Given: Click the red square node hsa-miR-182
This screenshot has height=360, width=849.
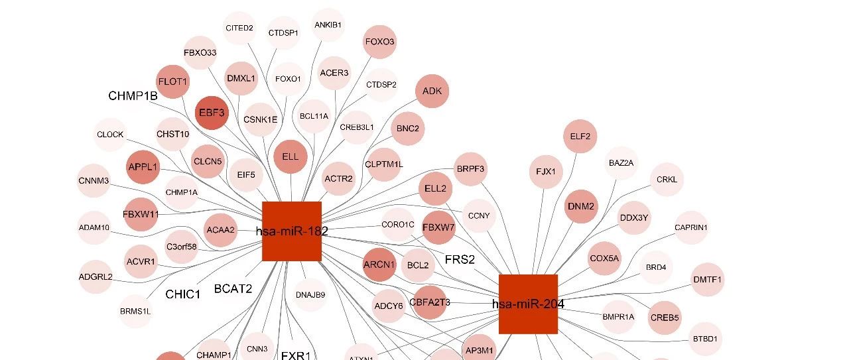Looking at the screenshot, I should [x=292, y=231].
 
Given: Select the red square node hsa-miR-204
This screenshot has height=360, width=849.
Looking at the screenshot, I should [x=528, y=304].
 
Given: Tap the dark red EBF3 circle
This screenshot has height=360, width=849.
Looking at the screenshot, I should [x=212, y=113].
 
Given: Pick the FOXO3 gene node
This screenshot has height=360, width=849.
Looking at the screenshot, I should [x=379, y=42].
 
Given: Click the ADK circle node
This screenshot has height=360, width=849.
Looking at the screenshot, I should [x=432, y=91].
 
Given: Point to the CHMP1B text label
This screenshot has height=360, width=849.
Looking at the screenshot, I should [x=133, y=96].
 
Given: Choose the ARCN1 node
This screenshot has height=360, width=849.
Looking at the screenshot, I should [x=379, y=265].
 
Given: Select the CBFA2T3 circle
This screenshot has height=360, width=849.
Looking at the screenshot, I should [x=430, y=302].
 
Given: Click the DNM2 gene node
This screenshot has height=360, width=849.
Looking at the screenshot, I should [x=582, y=206].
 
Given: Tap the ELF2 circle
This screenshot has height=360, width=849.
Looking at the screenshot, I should [x=580, y=137].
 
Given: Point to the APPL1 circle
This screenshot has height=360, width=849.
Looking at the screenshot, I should [x=143, y=167].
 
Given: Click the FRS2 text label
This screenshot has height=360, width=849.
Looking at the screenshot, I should [x=460, y=259].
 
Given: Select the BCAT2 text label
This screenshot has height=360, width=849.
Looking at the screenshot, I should [x=233, y=288].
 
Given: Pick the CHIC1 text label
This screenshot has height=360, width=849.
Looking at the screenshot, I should [x=182, y=294].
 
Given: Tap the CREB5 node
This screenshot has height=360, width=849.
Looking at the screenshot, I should [x=665, y=318].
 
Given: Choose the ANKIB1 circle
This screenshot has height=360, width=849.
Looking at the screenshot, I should [x=328, y=25].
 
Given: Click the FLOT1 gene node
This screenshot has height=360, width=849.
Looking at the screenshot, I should [x=173, y=82].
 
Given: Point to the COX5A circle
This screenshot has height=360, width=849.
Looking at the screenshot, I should [x=604, y=258].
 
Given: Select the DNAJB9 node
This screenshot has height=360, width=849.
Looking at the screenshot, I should [x=310, y=295].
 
